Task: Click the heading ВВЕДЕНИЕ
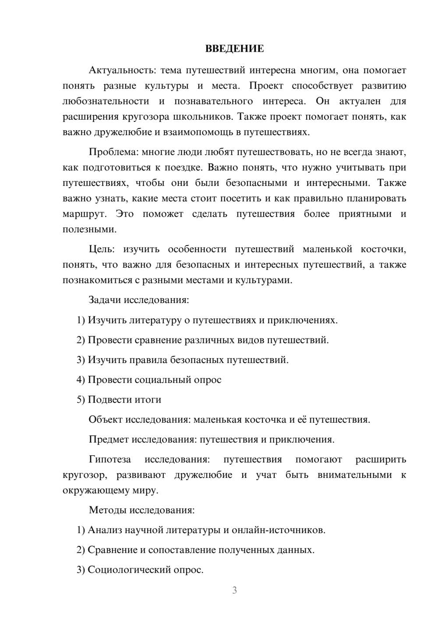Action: click(x=234, y=49)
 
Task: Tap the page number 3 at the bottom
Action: click(x=234, y=590)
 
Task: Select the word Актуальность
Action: click(x=121, y=70)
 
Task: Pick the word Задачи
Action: click(x=105, y=300)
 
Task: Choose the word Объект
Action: click(x=106, y=420)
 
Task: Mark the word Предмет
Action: click(x=109, y=439)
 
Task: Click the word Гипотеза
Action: click(x=110, y=460)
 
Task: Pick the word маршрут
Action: click(x=84, y=214)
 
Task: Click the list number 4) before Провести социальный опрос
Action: click(x=81, y=380)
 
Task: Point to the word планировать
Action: click(x=377, y=199)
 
